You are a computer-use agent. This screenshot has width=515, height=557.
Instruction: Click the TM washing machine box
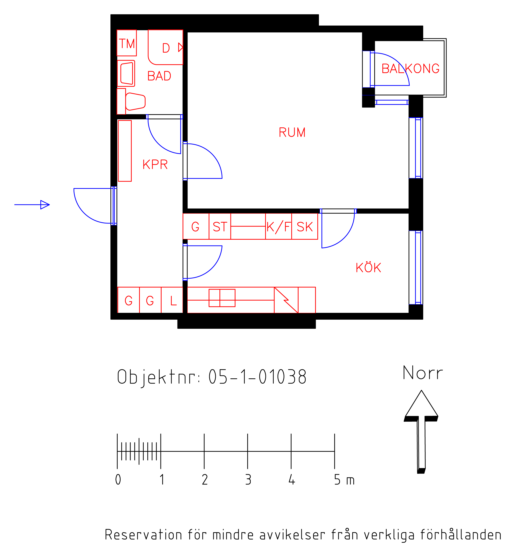pyautogui.click(x=126, y=43)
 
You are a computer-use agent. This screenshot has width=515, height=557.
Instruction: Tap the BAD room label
pyautogui.click(x=159, y=76)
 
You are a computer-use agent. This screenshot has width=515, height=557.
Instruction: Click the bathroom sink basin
pyautogui.click(x=126, y=73)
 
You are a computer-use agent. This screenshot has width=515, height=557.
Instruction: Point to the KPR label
pyautogui.click(x=155, y=164)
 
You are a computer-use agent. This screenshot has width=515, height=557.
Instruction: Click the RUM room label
pyautogui.click(x=292, y=132)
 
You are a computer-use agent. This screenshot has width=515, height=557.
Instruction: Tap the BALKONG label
pyautogui.click(x=411, y=68)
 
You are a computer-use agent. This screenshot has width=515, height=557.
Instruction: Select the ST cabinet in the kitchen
pyautogui.click(x=220, y=226)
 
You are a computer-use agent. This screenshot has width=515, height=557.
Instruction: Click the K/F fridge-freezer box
pyautogui.click(x=278, y=226)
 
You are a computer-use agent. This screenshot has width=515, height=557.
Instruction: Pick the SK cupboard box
pyautogui.click(x=305, y=226)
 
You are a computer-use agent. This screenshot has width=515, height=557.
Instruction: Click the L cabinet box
pyautogui.click(x=172, y=300)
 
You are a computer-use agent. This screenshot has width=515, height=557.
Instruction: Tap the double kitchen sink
pyautogui.click(x=222, y=298)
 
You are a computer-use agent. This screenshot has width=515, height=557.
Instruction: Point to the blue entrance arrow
pyautogui.click(x=32, y=205)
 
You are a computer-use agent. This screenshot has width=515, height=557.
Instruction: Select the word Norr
pyautogui.click(x=423, y=373)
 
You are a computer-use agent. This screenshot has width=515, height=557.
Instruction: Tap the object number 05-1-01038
pyautogui.click(x=257, y=377)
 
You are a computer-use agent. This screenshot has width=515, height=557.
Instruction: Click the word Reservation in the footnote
pyautogui.click(x=143, y=535)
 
